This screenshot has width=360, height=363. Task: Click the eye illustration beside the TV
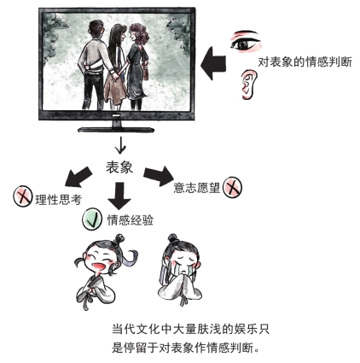point(246,42)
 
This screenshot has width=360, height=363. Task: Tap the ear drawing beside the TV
point(247,85)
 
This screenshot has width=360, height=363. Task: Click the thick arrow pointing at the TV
point(213,63)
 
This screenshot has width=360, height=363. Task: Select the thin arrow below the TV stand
point(120,145)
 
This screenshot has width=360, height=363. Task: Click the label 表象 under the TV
point(119,167)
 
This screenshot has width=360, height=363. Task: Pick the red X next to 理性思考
point(22,196)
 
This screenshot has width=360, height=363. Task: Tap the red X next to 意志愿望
point(232,187)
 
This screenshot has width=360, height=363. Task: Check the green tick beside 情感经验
point(92,220)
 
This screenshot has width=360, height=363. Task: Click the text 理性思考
point(59,200)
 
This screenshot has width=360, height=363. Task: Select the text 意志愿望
point(197,187)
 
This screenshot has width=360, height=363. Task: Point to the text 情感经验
point(131,220)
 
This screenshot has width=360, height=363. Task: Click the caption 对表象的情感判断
point(305,61)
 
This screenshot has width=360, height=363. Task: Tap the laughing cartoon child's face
point(97,259)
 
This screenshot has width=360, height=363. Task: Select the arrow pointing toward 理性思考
point(78,177)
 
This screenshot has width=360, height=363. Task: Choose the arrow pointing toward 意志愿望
point(159,176)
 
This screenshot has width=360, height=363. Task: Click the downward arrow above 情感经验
point(119,196)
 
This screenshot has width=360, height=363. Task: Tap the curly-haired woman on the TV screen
point(137,67)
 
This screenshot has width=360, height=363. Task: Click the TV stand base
point(116,130)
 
